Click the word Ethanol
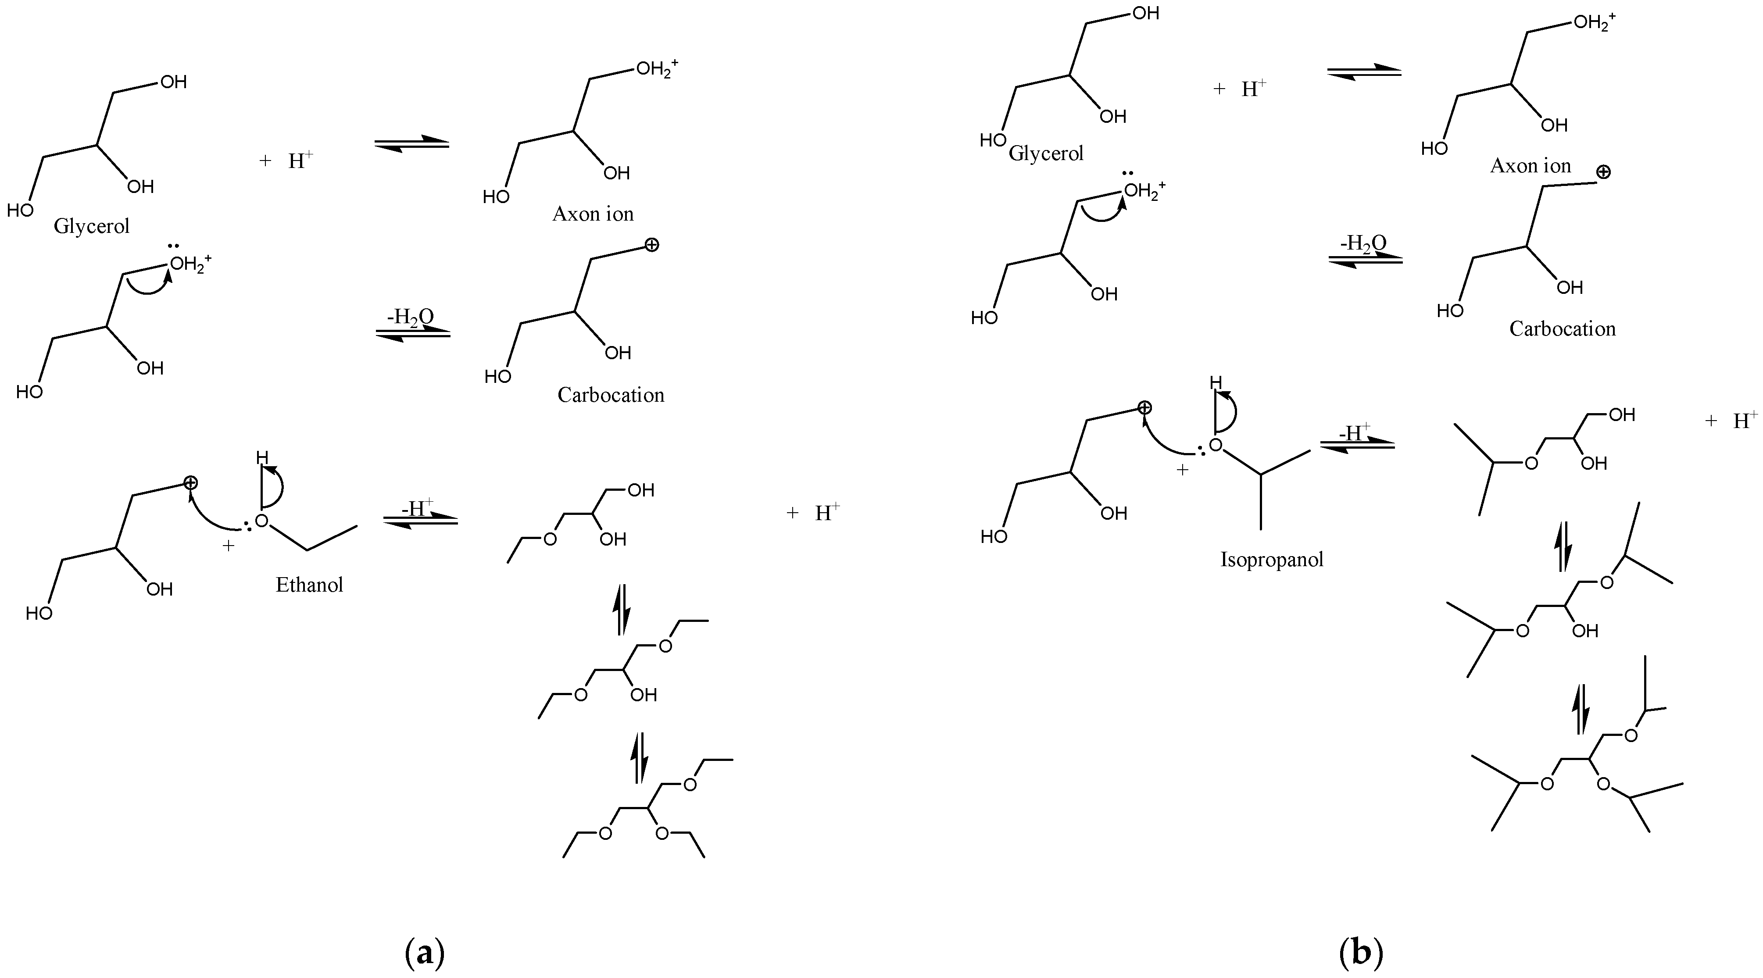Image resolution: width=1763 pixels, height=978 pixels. (x=309, y=585)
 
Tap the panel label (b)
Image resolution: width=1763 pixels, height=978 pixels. (x=1361, y=953)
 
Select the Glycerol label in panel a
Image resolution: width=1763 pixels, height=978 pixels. (x=92, y=226)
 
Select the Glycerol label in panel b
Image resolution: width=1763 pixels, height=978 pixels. (x=1046, y=153)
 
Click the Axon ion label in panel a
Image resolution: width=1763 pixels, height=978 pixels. (x=593, y=214)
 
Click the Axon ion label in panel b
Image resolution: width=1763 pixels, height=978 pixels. (x=1531, y=166)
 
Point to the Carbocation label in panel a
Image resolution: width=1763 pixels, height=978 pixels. (x=611, y=395)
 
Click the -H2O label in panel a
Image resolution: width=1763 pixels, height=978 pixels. (x=410, y=317)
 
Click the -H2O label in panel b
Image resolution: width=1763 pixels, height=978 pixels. (x=1362, y=243)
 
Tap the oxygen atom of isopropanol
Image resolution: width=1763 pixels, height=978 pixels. (x=1215, y=446)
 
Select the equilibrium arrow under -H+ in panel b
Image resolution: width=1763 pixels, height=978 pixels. (x=1357, y=445)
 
